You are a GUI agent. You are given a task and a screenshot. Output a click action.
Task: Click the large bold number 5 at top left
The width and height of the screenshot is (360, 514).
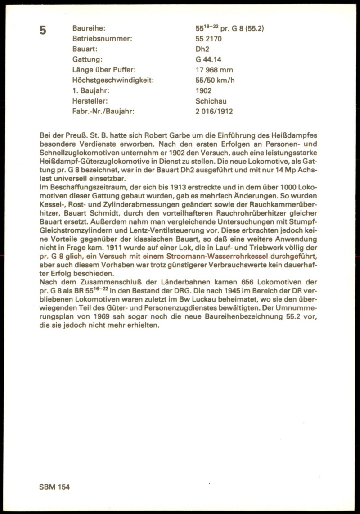[43, 31]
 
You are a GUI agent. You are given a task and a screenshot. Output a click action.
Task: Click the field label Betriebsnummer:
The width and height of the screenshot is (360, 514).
[102, 39]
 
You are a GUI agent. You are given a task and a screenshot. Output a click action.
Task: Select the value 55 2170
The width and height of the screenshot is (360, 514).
[209, 39]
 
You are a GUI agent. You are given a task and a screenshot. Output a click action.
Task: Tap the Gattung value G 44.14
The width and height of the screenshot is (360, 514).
[208, 59]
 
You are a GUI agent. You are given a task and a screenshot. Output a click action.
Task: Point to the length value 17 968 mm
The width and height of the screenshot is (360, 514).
[214, 70]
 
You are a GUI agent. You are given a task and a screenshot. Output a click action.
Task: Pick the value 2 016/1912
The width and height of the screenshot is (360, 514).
[214, 111]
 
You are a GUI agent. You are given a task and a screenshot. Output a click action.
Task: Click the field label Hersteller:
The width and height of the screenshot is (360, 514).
[90, 101]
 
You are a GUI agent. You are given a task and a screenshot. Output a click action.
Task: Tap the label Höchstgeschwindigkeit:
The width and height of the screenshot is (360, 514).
[113, 80]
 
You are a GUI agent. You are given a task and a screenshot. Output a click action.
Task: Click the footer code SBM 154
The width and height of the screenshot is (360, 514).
[54, 487]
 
